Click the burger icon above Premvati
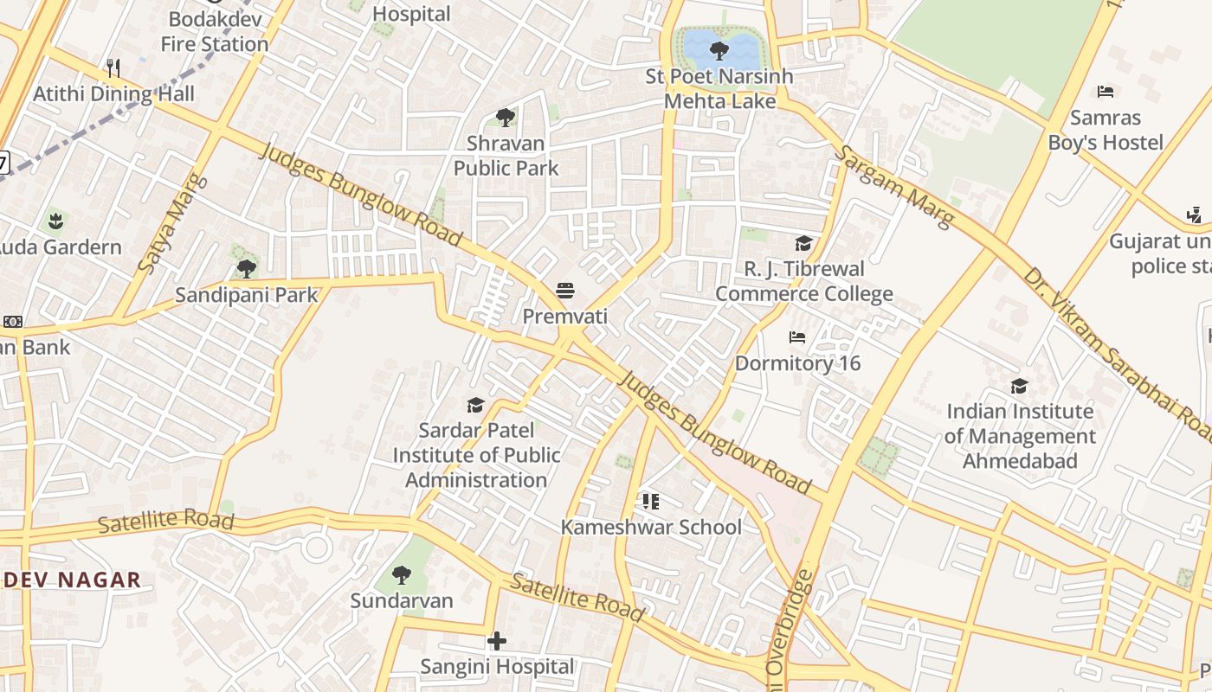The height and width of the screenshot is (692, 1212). click(x=565, y=290)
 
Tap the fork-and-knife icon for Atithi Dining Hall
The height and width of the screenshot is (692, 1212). click(x=113, y=67)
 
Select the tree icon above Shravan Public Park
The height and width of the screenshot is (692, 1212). click(x=506, y=117)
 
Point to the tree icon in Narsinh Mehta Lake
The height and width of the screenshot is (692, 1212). click(x=719, y=50)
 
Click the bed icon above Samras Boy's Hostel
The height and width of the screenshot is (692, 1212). click(x=1106, y=91)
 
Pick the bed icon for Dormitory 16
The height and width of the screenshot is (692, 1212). click(x=797, y=336)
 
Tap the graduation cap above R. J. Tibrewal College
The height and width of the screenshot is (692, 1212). click(x=803, y=243)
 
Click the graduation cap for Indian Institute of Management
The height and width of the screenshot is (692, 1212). click(x=1019, y=386)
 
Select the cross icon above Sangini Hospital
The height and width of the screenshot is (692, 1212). click(x=497, y=641)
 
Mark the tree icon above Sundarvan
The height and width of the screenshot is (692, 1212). click(x=401, y=574)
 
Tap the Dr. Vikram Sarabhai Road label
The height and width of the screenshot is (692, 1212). click(x=1117, y=355)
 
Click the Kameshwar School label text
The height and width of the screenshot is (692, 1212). click(x=651, y=527)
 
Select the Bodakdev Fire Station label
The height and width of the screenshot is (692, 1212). click(x=215, y=31)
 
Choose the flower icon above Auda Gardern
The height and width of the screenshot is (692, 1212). click(x=56, y=221)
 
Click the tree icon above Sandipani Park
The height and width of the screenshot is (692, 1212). click(x=247, y=268)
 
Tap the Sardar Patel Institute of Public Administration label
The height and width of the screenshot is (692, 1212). click(x=476, y=455)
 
